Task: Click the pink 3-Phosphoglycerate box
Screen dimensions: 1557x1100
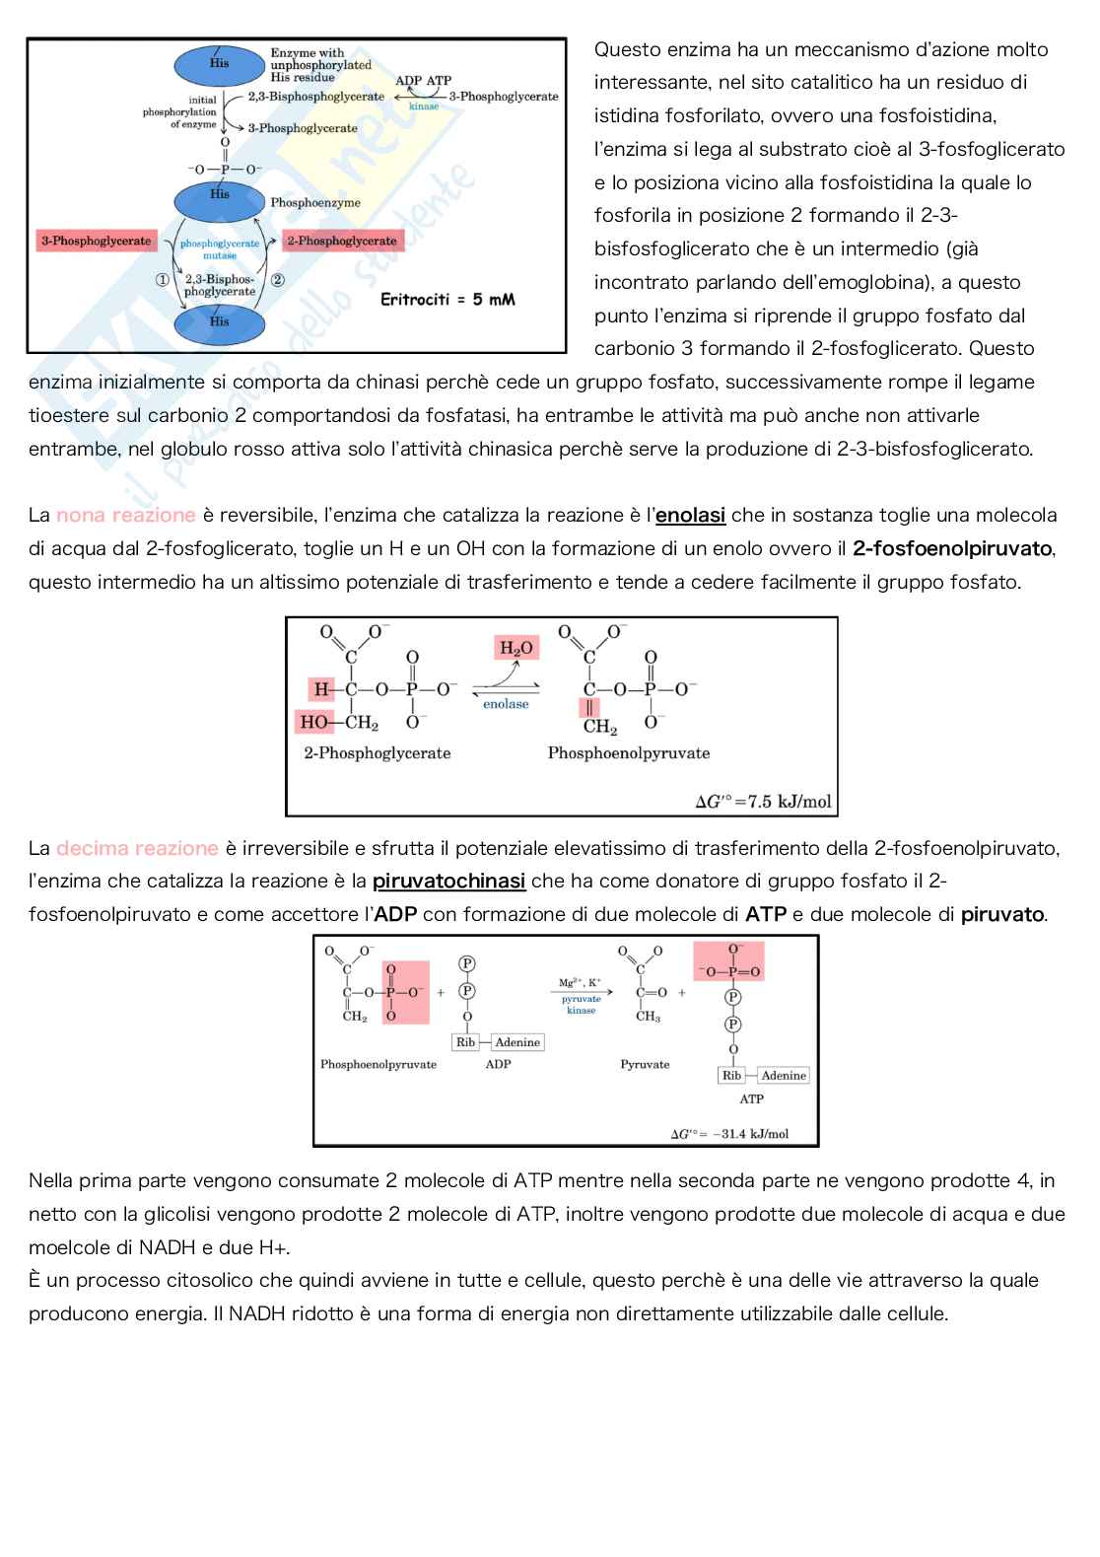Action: pyautogui.click(x=97, y=241)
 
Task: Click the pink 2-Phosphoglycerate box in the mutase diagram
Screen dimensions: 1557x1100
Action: pyautogui.click(x=342, y=241)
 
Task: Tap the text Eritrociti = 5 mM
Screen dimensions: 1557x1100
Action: pyautogui.click(x=447, y=299)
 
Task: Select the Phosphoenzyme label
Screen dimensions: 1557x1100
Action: pyautogui.click(x=315, y=202)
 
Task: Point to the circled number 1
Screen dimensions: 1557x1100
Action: pyautogui.click(x=163, y=280)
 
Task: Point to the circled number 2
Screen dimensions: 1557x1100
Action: pyautogui.click(x=278, y=280)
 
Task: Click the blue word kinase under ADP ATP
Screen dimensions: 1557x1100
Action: pyautogui.click(x=424, y=106)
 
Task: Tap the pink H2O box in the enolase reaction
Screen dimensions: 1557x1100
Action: pyautogui.click(x=516, y=648)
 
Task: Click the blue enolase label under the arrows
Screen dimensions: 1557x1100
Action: pyautogui.click(x=506, y=704)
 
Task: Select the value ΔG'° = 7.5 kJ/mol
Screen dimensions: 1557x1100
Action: pyautogui.click(x=763, y=802)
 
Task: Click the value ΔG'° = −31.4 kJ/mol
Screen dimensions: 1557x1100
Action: pyautogui.click(x=729, y=1134)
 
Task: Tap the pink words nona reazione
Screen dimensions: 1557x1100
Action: pyautogui.click(x=125, y=515)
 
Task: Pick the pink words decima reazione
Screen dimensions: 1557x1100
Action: pyautogui.click(x=137, y=848)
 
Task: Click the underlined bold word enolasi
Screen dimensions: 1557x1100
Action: pyautogui.click(x=690, y=515)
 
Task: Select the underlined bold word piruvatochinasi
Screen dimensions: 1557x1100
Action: pyautogui.click(x=448, y=881)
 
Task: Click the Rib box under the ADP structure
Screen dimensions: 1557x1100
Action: pyautogui.click(x=465, y=1042)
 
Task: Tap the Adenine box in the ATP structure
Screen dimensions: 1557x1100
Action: pyautogui.click(x=784, y=1076)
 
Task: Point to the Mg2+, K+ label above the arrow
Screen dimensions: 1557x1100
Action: pyautogui.click(x=580, y=983)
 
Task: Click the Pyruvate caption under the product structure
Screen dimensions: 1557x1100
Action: pyautogui.click(x=645, y=1065)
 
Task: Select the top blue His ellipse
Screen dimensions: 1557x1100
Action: pyautogui.click(x=219, y=65)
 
